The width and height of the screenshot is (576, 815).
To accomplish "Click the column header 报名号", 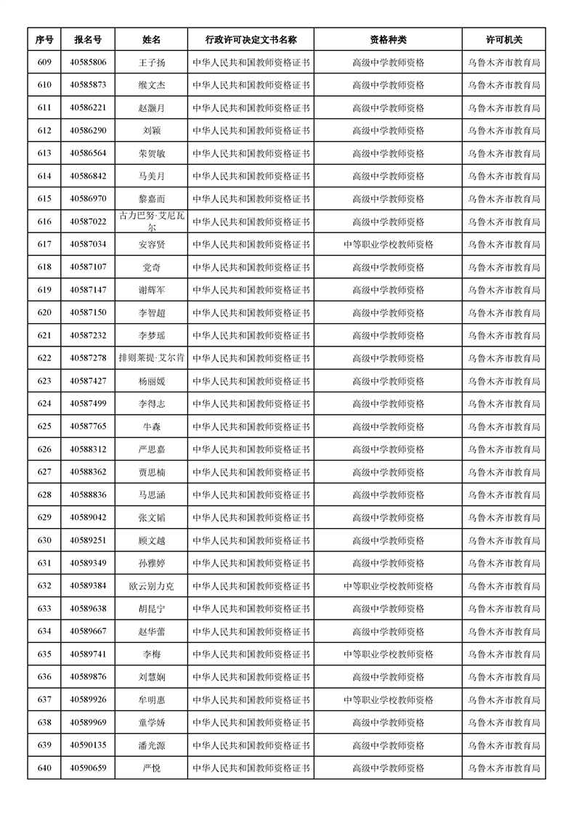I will tap(88, 40).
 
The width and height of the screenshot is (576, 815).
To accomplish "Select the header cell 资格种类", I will tap(388, 40).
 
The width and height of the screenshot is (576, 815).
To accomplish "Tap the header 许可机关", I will tap(503, 40).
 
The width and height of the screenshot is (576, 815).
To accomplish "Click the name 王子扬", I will tap(152, 62).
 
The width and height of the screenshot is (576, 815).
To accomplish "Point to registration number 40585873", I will tap(88, 85).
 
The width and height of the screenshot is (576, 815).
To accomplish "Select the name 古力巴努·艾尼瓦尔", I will tap(152, 222).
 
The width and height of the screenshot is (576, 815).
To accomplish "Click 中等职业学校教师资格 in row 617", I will tap(388, 244).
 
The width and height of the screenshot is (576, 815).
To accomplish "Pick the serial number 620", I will tap(44, 312).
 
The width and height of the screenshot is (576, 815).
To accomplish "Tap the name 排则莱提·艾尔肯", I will tap(152, 358).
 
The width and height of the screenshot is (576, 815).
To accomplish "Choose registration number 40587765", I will tap(88, 426).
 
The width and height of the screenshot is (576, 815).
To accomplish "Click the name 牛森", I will tap(152, 426).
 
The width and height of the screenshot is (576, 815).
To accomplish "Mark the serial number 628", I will tap(44, 495).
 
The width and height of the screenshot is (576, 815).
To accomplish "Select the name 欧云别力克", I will tap(152, 585).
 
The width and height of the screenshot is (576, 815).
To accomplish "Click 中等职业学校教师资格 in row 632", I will tap(388, 585).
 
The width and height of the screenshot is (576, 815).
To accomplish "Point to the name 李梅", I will tap(152, 654).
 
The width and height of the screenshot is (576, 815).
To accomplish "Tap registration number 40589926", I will tap(88, 700).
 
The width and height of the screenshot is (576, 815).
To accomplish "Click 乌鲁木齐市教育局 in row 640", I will tap(503, 768).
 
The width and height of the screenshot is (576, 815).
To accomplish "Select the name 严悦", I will tap(152, 768).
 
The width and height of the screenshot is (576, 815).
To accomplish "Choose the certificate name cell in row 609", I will tap(251, 62).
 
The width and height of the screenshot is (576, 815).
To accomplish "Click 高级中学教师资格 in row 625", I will tap(388, 426).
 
